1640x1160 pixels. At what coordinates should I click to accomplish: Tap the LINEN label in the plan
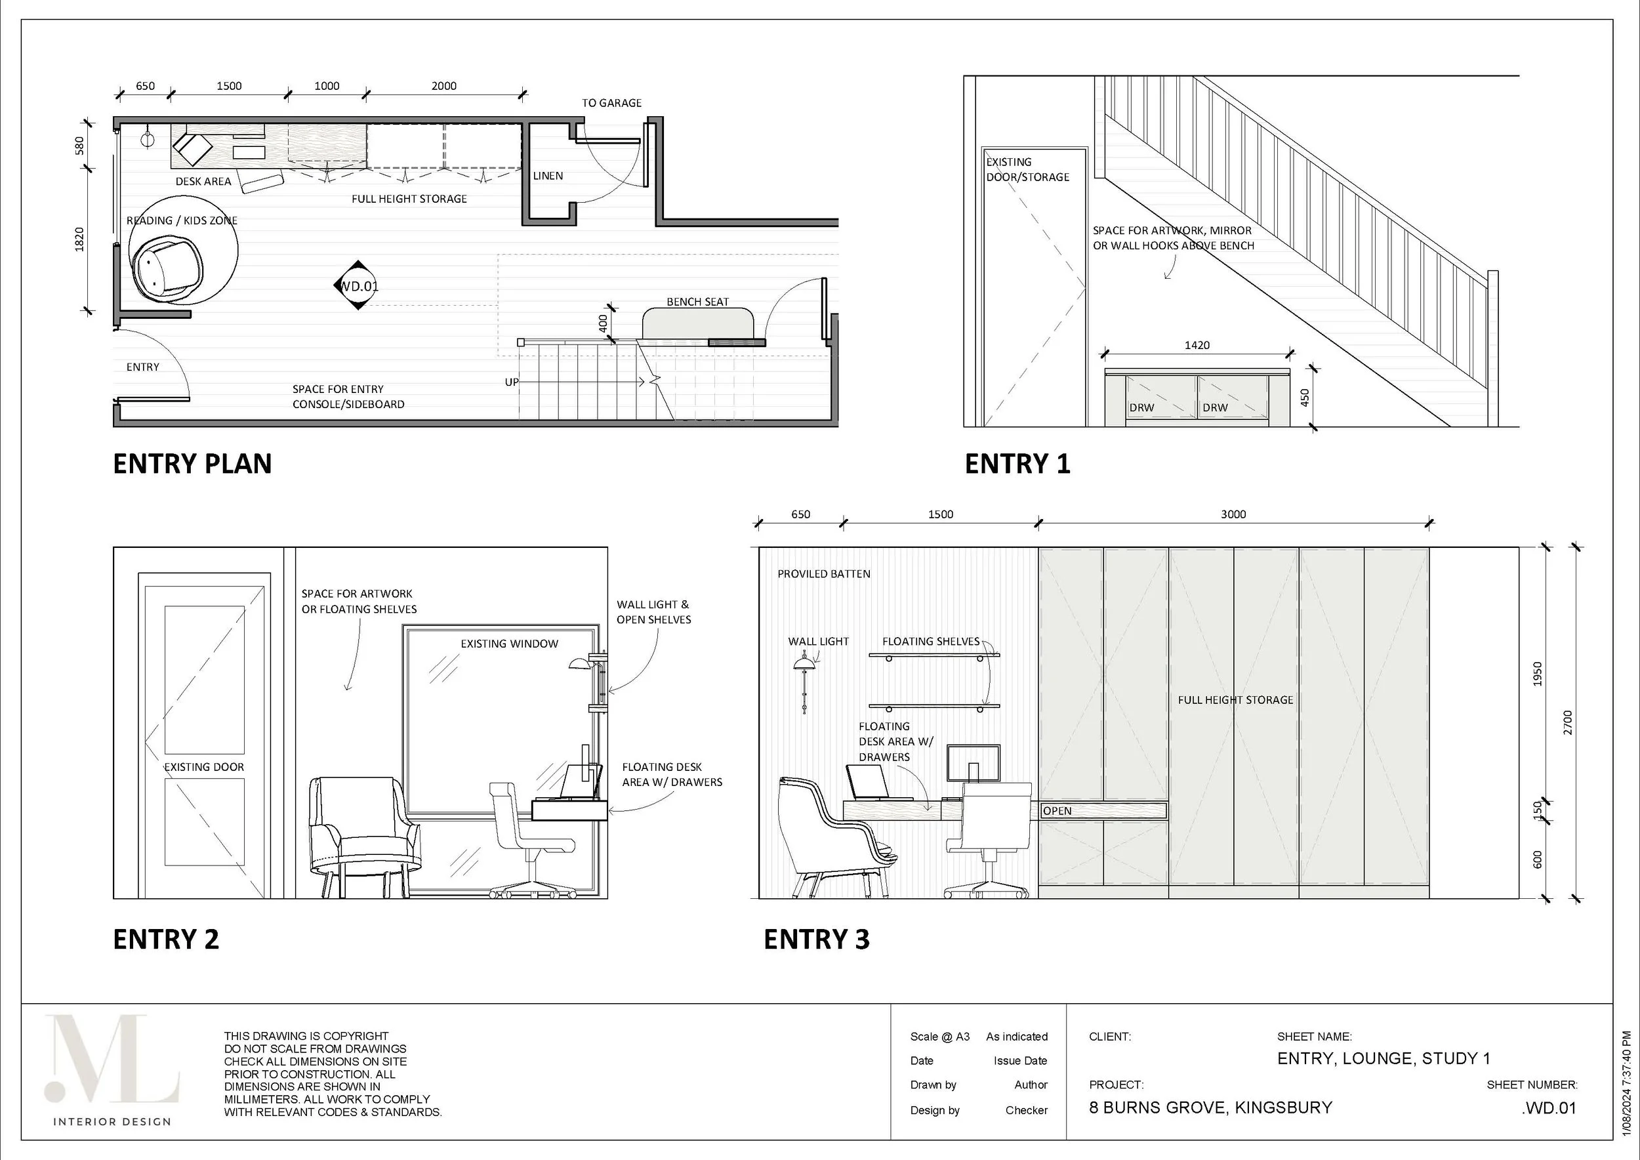point(548,176)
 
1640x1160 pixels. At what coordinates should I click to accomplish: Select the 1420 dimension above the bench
point(1197,345)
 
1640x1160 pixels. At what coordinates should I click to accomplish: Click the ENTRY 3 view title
point(817,939)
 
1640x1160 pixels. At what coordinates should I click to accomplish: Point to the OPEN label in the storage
point(1057,811)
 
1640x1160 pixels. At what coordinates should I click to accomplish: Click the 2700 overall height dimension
point(1568,722)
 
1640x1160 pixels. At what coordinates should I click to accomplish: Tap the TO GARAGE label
point(611,103)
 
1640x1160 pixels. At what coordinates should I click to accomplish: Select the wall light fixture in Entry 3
point(804,678)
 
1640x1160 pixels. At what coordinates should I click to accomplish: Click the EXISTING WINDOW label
point(509,644)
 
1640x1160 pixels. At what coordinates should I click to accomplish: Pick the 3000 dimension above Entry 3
point(1233,514)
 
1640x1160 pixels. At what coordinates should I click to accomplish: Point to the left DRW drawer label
point(1141,408)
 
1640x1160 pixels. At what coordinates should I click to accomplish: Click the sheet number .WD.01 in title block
point(1549,1108)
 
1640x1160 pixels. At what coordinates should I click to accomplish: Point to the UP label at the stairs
point(512,382)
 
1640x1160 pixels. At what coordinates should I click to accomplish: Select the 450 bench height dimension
point(1305,397)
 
